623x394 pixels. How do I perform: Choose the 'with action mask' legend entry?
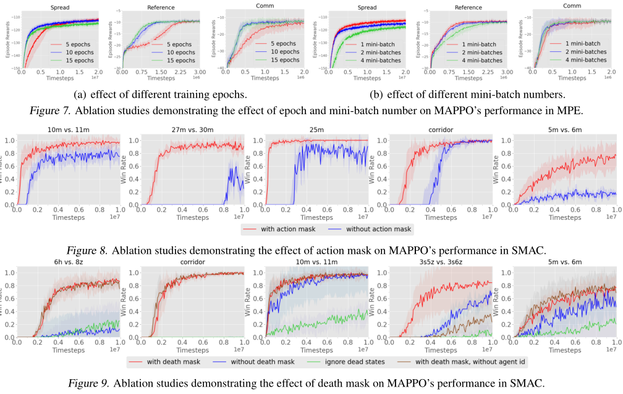(286, 228)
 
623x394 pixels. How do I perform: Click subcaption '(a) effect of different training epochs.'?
(160, 95)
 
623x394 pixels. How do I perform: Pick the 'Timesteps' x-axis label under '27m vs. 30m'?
(192, 217)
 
